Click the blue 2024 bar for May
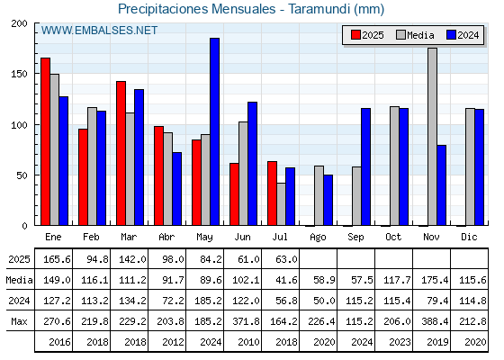pos(214,131)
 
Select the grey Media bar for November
pos(432,137)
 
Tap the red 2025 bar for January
pos(45,141)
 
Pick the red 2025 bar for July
pos(272,193)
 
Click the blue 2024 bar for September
pos(365,166)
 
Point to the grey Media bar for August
pos(319,195)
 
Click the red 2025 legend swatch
pos(355,35)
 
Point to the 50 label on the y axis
pos(22,175)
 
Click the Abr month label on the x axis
pos(166,237)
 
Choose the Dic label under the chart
pos(469,237)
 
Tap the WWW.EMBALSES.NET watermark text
pos(99,31)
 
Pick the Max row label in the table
pos(19,321)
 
